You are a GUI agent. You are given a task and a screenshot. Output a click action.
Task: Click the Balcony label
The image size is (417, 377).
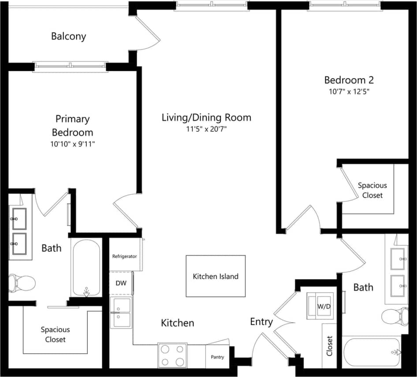click(x=68, y=36)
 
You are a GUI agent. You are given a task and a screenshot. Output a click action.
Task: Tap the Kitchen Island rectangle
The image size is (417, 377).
click(x=216, y=276)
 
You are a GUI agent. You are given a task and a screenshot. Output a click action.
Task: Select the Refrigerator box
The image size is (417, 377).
click(x=125, y=256)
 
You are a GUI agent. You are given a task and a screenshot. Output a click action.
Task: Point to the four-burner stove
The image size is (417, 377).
click(x=172, y=355)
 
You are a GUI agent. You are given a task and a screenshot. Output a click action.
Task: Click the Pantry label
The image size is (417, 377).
click(x=217, y=357)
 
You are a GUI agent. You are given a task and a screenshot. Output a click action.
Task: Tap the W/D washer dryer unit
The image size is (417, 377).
click(x=322, y=305)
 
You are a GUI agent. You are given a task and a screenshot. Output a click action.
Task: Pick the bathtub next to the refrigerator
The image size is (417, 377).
click(x=85, y=268)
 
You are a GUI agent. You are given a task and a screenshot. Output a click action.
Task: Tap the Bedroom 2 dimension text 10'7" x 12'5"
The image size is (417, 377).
click(x=349, y=92)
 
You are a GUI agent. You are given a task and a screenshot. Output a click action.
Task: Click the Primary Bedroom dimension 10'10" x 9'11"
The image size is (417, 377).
click(x=72, y=144)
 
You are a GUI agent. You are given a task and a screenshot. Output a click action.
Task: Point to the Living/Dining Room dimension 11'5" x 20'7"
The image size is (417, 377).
click(x=206, y=129)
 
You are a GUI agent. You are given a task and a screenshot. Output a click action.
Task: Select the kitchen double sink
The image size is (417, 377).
click(x=121, y=313)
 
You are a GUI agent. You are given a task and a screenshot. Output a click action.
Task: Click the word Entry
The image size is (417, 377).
click(x=261, y=322)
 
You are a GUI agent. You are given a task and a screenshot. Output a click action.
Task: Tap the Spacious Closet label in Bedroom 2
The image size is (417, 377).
click(x=372, y=190)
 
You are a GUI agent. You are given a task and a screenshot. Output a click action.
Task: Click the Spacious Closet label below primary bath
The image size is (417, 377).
click(x=55, y=334)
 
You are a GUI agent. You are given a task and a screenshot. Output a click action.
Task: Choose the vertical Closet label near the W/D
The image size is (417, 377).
click(x=329, y=346)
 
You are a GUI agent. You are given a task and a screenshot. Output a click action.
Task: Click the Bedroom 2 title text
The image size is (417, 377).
click(x=349, y=80)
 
